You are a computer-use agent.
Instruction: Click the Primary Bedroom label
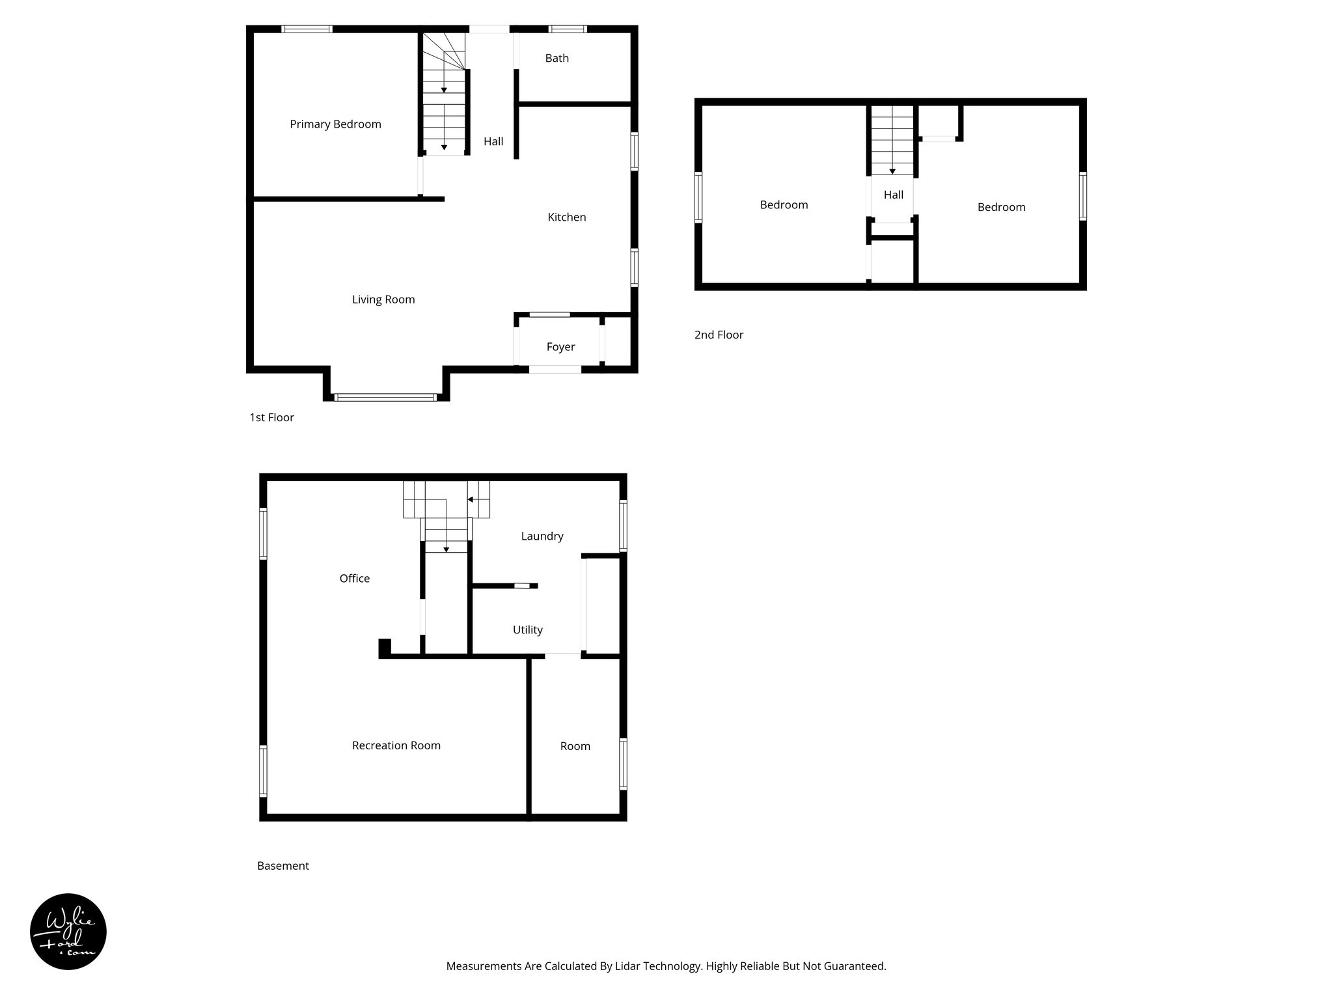tap(335, 124)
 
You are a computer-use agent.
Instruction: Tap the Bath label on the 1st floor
tap(557, 59)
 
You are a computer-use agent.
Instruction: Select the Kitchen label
tap(566, 217)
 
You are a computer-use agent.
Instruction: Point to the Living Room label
tap(383, 299)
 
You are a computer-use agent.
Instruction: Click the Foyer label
tap(560, 347)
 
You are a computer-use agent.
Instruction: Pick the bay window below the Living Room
tap(385, 397)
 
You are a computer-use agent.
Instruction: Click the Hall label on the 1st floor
tap(493, 141)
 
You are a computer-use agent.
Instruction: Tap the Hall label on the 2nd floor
tap(893, 195)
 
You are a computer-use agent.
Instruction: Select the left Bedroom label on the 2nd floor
tap(784, 205)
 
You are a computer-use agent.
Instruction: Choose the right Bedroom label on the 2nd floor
tap(1001, 207)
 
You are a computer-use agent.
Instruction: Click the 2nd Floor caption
tap(719, 335)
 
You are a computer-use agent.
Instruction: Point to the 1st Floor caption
tap(271, 417)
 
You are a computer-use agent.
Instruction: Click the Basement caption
tap(282, 866)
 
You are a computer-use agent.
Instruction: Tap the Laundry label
tap(542, 536)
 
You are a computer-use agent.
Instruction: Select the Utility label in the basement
tap(527, 630)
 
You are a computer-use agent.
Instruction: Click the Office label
tap(354, 578)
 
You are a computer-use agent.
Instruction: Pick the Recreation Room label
tap(396, 745)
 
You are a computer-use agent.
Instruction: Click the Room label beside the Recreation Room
tap(575, 746)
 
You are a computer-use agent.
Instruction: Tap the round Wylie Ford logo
tap(68, 931)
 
